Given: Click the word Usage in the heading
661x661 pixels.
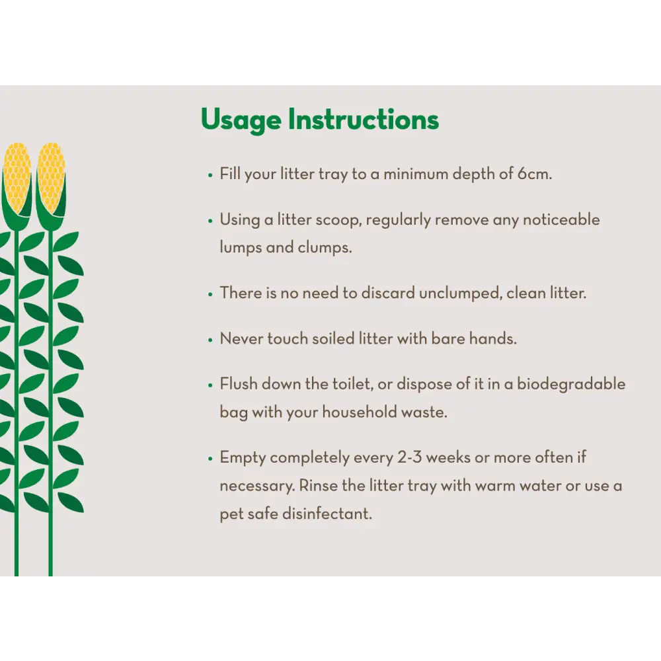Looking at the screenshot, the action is pyautogui.click(x=241, y=120).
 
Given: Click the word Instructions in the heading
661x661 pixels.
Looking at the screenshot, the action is pyautogui.click(x=364, y=119).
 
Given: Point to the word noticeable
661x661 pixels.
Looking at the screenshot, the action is pyautogui.click(x=561, y=219).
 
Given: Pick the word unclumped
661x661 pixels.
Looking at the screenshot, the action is pyautogui.click(x=461, y=293).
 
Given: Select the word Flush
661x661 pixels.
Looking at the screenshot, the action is pyautogui.click(x=239, y=384).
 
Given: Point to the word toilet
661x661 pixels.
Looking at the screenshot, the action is pyautogui.click(x=353, y=385).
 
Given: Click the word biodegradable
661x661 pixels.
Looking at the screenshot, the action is pyautogui.click(x=571, y=385).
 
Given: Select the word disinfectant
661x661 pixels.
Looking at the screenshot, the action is pyautogui.click(x=327, y=514).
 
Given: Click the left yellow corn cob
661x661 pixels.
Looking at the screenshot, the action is pyautogui.click(x=17, y=178).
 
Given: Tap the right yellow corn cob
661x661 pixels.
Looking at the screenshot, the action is pyautogui.click(x=51, y=178).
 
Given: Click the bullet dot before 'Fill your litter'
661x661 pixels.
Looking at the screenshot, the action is pyautogui.click(x=210, y=175).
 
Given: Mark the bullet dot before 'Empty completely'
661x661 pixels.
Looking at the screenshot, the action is pyautogui.click(x=210, y=459).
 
